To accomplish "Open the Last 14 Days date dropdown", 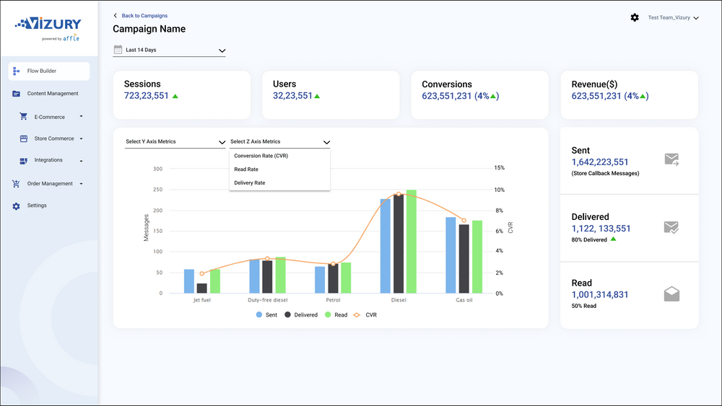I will (x=170, y=50).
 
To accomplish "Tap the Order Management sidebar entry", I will (x=49, y=184).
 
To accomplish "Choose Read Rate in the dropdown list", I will (x=245, y=169).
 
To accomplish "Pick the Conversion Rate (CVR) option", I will (x=261, y=156).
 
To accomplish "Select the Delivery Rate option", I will (x=249, y=183).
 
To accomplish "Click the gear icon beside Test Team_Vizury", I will (x=635, y=17).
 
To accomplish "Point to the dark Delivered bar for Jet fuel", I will (x=201, y=288).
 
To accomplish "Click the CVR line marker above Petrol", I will (x=333, y=264).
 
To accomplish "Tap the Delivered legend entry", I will (x=301, y=315).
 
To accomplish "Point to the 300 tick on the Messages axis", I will (x=157, y=169).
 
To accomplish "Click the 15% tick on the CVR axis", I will (x=499, y=168).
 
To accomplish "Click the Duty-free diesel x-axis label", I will (x=267, y=300).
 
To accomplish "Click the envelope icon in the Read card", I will (x=671, y=294).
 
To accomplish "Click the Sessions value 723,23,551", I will (x=146, y=95).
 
